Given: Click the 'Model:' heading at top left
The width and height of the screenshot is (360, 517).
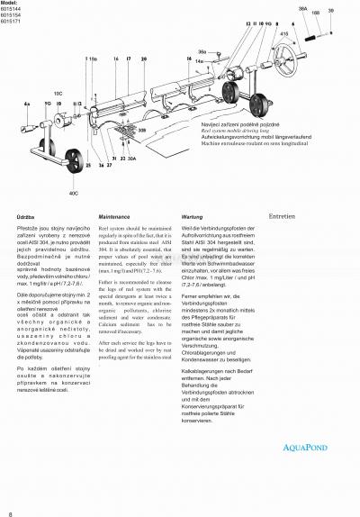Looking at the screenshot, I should point(13,4).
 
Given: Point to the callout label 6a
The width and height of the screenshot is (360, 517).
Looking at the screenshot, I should point(27,104).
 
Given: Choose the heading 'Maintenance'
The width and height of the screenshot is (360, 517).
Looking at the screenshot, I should point(120,218).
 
